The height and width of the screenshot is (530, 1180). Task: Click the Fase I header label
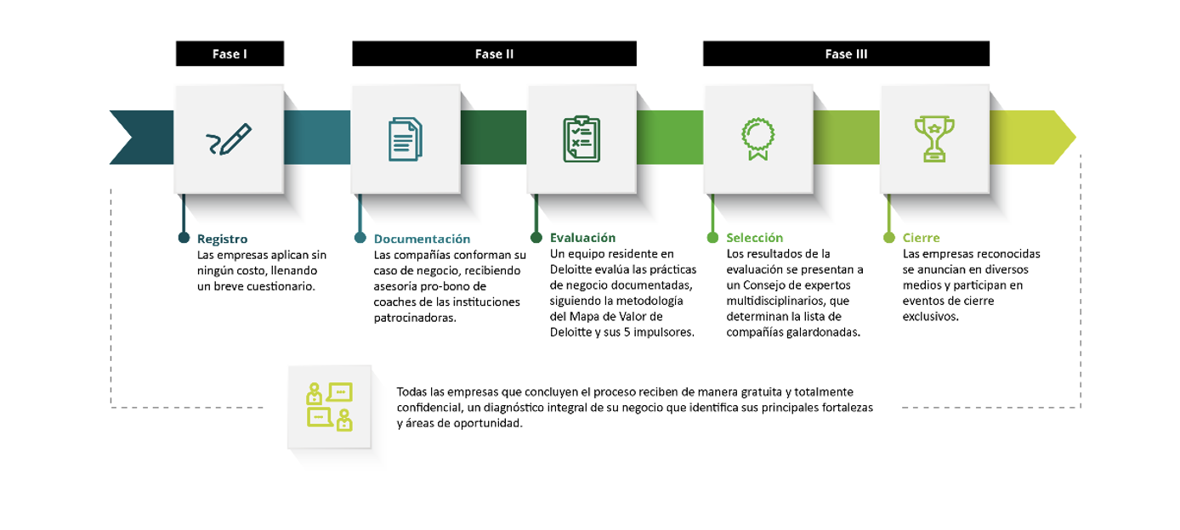[230, 54]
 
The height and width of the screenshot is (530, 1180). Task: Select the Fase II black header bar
[494, 54]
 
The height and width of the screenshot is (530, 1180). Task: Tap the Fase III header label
[846, 54]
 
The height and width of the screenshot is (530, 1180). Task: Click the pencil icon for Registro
[229, 139]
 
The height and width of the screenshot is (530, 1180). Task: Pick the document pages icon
[406, 139]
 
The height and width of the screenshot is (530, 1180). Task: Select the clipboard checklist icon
[581, 139]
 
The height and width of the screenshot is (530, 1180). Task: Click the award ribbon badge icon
[757, 139]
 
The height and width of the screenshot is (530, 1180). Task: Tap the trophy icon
[934, 139]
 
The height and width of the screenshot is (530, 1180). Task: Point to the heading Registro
[223, 239]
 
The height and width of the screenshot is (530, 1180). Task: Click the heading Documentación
[422, 239]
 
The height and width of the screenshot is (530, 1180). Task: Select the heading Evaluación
[582, 238]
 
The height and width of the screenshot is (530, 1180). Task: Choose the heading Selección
[755, 238]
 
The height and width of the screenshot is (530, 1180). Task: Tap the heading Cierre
[922, 238]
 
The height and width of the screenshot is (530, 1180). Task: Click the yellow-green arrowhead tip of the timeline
[1068, 137]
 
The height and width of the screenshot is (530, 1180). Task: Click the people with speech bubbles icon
[330, 406]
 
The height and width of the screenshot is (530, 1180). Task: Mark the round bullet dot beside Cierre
[889, 238]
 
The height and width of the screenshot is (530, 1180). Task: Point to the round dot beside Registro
[184, 238]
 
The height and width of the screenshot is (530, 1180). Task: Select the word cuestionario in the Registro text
[281, 286]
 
